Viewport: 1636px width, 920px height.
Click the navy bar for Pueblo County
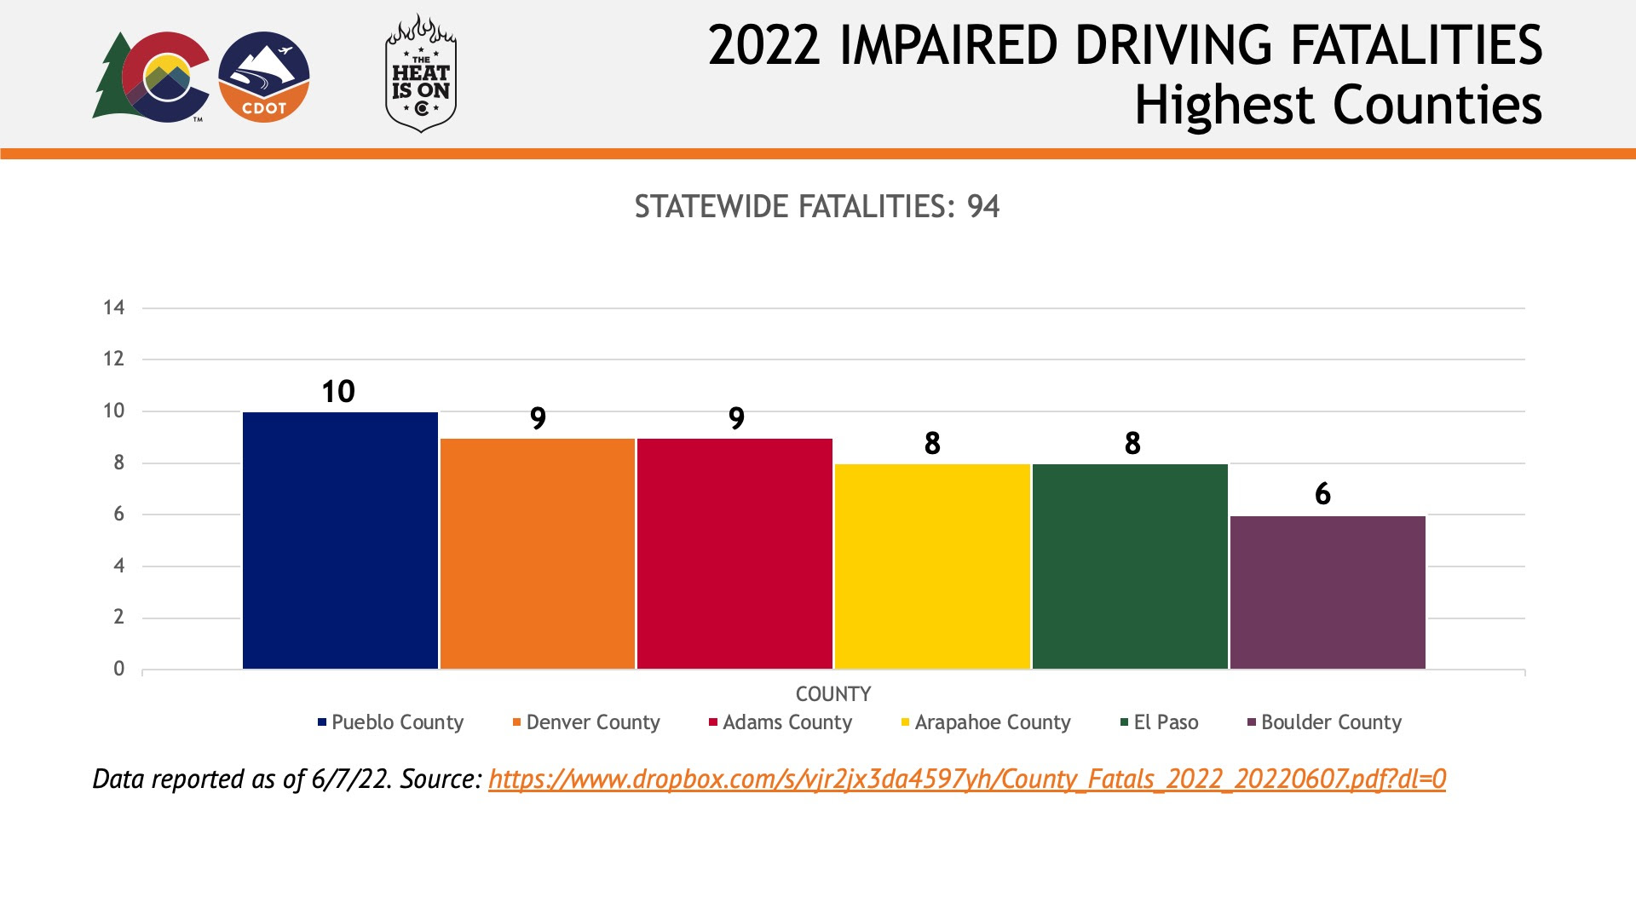pyautogui.click(x=340, y=540)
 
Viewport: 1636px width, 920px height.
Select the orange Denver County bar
pyautogui.click(x=538, y=554)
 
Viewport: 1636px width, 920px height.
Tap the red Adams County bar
pyautogui.click(x=734, y=554)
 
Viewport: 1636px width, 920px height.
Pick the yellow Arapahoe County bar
pyautogui.click(x=932, y=566)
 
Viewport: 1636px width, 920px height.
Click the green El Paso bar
pyautogui.click(x=1130, y=566)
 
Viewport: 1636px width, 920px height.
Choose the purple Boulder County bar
pyautogui.click(x=1328, y=592)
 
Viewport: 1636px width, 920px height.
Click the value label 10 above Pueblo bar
pyautogui.click(x=338, y=392)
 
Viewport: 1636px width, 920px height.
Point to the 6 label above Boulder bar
pyautogui.click(x=1322, y=494)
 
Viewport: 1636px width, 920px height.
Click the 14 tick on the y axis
pyautogui.click(x=114, y=308)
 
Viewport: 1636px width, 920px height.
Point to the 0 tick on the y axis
pyautogui.click(x=119, y=669)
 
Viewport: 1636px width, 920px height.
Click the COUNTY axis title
pyautogui.click(x=833, y=694)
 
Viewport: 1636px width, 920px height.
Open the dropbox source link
pyautogui.click(x=967, y=779)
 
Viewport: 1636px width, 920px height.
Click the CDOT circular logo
pyautogui.click(x=264, y=78)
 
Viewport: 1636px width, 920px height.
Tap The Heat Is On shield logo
pyautogui.click(x=421, y=74)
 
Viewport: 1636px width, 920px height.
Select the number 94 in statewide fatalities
pyautogui.click(x=983, y=207)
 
